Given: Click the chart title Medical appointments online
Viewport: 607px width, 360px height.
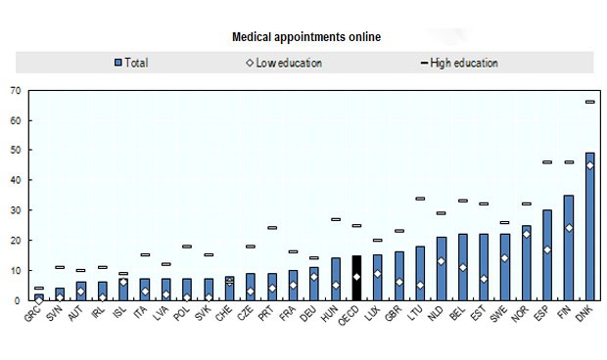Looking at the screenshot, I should pyautogui.click(x=305, y=37).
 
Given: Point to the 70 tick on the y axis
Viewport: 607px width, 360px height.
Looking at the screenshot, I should pyautogui.click(x=16, y=91).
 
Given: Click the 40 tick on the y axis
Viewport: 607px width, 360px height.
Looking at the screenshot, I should pyautogui.click(x=16, y=181).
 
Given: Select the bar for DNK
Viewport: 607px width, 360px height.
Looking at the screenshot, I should pyautogui.click(x=589, y=227).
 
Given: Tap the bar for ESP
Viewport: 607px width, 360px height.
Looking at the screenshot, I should pyautogui.click(x=547, y=255).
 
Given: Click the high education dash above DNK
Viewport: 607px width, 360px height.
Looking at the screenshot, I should pyautogui.click(x=589, y=102).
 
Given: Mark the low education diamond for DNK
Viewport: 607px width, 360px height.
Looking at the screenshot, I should pyautogui.click(x=589, y=165).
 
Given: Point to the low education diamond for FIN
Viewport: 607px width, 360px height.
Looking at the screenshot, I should pyautogui.click(x=568, y=228).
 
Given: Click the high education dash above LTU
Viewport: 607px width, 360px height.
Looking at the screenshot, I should pyautogui.click(x=420, y=199).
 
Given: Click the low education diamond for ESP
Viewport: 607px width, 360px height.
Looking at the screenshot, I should pyautogui.click(x=547, y=249).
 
